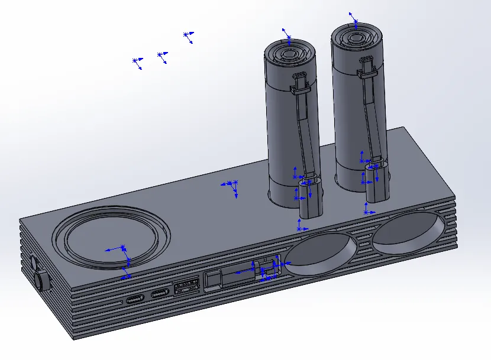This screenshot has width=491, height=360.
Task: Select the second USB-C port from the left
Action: pos(160,294)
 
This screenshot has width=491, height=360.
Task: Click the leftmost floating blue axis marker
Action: pos(137,61)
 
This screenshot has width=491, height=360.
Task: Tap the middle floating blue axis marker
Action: pos(161,56)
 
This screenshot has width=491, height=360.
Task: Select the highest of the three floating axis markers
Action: pos(188,36)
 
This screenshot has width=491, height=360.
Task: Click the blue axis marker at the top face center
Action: pos(231,186)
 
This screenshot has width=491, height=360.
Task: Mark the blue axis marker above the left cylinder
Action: pos(287,34)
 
